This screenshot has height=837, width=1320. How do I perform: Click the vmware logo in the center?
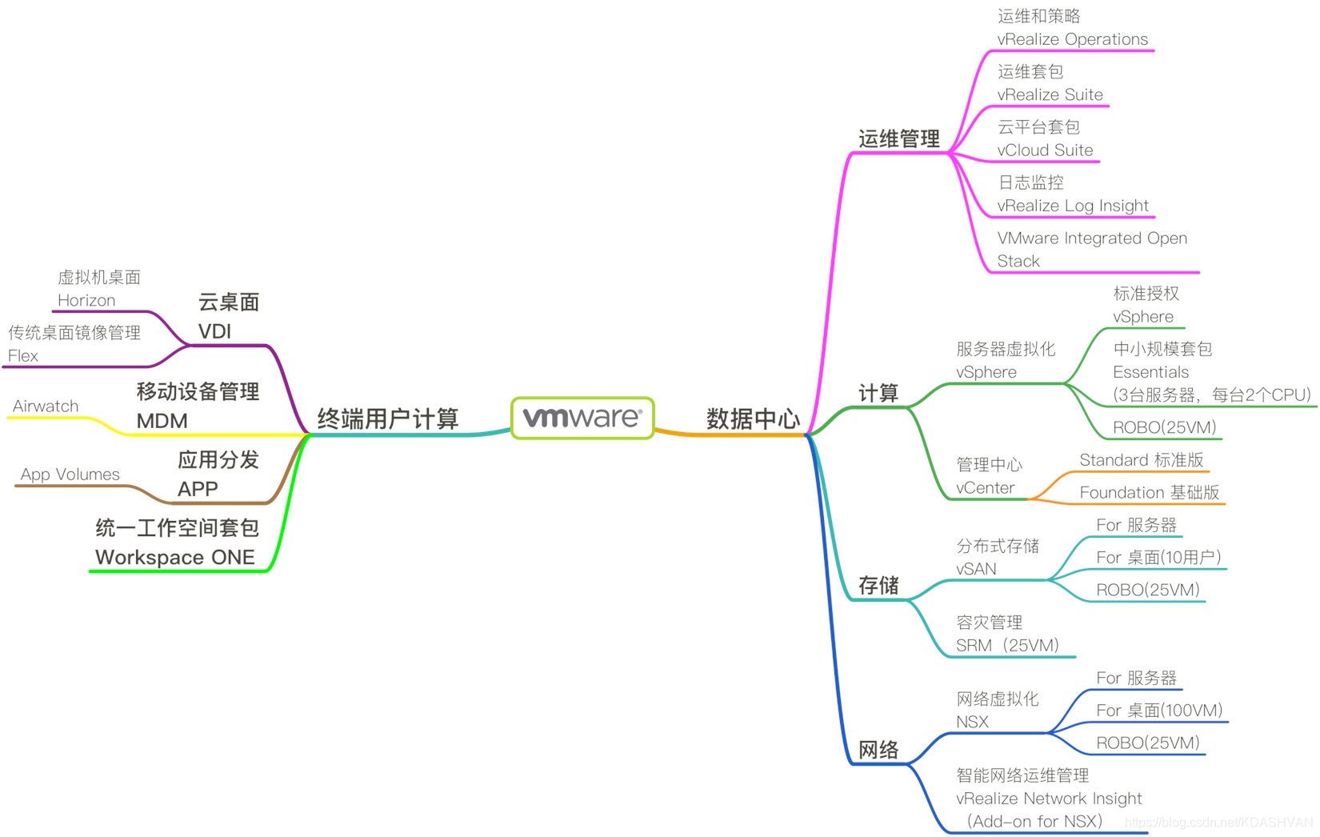(582, 417)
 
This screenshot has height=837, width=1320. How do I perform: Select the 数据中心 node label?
(753, 418)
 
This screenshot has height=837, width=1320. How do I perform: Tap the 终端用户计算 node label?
(387, 418)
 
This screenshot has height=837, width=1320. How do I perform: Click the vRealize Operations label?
(1072, 39)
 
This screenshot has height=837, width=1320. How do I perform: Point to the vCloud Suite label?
(1045, 150)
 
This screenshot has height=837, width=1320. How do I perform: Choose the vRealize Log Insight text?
(1072, 206)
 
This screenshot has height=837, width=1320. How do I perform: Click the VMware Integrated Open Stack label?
(1091, 249)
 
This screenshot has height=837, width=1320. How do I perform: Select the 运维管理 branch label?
(898, 138)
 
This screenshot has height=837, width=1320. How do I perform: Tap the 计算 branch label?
(878, 393)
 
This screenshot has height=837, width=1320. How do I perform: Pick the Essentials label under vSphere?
(1150, 372)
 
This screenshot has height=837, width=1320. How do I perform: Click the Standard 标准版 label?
(1141, 460)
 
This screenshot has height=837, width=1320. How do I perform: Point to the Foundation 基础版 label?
(1149, 493)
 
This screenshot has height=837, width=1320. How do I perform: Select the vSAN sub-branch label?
(976, 569)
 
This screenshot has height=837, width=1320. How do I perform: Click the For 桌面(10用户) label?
(1158, 557)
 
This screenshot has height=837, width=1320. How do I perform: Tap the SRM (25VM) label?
(1006, 645)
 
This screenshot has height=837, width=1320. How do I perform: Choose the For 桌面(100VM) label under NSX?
(1158, 710)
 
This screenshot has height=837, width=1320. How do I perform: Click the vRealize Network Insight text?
(1048, 798)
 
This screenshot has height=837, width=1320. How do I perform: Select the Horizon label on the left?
(86, 300)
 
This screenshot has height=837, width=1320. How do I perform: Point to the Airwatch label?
(46, 406)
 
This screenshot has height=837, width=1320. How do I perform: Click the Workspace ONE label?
(174, 557)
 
